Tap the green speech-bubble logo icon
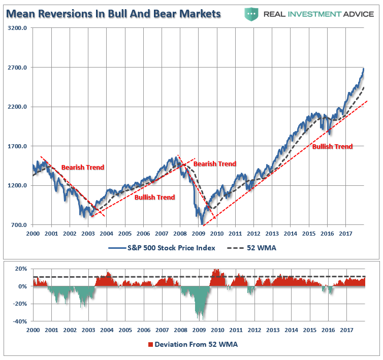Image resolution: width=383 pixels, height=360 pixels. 250,13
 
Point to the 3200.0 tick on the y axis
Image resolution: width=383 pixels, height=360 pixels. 17,28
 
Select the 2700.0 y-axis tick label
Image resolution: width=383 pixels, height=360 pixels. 17,68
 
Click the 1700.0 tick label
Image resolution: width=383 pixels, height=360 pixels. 17,146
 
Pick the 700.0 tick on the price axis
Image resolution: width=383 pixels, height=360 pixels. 18,225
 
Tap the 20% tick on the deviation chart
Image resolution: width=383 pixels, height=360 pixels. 21,269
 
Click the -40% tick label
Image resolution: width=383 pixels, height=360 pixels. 20,321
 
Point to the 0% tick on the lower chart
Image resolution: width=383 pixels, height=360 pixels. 23,286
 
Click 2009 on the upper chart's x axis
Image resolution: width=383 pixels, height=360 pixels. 199,234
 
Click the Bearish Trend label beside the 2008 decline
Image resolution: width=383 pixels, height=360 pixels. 215,164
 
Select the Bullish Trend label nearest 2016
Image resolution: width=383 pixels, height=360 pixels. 332,147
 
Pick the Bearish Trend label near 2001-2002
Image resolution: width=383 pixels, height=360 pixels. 82,168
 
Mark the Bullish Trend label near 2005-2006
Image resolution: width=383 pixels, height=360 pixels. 154,198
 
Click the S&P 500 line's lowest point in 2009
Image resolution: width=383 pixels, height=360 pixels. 202,224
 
